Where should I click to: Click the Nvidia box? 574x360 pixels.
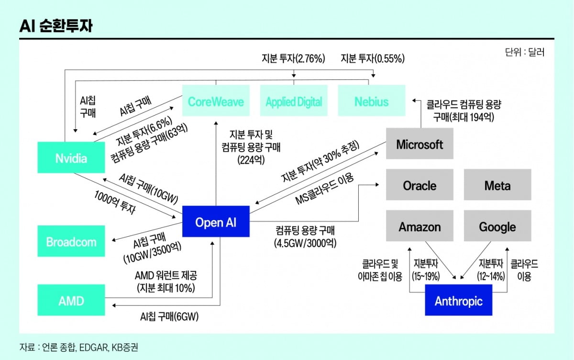click(x=71, y=157)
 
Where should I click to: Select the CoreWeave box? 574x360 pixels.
click(x=216, y=101)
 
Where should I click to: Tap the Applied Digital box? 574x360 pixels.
click(x=294, y=101)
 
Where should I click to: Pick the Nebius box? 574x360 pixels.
click(x=372, y=101)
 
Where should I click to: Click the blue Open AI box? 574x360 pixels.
click(x=216, y=222)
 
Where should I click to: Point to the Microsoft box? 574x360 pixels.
click(x=420, y=144)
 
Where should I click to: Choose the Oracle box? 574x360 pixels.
click(x=419, y=185)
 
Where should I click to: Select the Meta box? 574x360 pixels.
click(x=497, y=185)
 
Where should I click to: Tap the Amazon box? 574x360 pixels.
click(x=419, y=226)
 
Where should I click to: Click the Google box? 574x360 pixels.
click(x=497, y=226)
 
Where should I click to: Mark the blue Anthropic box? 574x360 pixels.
click(x=458, y=301)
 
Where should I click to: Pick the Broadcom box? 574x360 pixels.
click(x=71, y=242)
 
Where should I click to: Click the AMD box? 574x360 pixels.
click(x=71, y=301)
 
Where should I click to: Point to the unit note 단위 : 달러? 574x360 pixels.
click(x=524, y=52)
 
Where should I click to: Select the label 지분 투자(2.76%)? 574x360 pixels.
click(x=293, y=58)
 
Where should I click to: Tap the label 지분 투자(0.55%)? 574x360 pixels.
click(x=372, y=58)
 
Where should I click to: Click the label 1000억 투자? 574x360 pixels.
click(x=115, y=202)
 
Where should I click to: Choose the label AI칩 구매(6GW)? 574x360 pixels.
click(x=169, y=316)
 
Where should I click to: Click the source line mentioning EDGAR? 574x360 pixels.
click(x=79, y=346)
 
